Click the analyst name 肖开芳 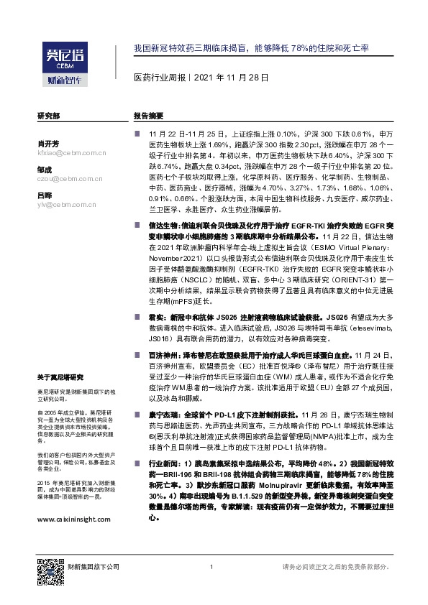[x=47, y=143]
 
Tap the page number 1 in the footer [x=211, y=568]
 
